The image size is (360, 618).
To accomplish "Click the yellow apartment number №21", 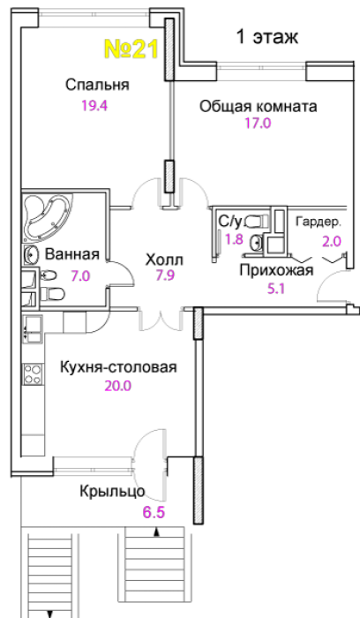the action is point(131,49).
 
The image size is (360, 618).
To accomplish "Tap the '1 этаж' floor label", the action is point(267,37).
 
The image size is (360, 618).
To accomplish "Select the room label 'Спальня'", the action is point(97,85).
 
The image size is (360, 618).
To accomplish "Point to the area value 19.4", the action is point(94,106).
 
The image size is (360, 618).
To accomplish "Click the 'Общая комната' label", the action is point(258,107).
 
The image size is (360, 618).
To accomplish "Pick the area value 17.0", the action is point(258,124).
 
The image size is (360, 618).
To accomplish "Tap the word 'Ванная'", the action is point(72,254).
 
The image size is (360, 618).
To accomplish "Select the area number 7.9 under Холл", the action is point(165,275).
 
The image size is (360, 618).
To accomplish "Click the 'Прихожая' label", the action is point(276,271).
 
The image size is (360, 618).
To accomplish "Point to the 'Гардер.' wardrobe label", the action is point(318,222).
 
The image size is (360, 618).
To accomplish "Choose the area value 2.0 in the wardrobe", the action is point(332,241).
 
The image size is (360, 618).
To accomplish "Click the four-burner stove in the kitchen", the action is point(33,374).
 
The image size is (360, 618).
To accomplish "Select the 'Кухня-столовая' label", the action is point(118,367).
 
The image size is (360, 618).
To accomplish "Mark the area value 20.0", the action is point(117,386).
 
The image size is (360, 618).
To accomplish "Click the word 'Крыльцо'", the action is point(112,492).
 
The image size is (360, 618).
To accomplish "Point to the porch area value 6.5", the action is point(154,513).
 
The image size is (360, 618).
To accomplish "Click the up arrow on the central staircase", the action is point(157,533).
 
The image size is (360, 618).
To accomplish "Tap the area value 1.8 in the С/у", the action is point(234,239).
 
